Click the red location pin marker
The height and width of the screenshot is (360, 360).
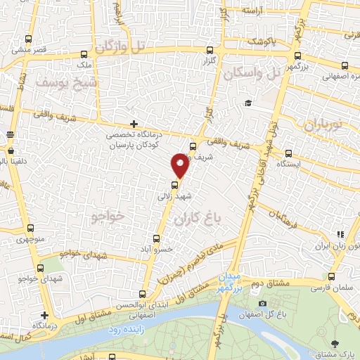pos(180,167)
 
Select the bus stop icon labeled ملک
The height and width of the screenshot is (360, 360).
pos(84,54)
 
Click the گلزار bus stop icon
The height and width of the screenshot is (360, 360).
pos(210,51)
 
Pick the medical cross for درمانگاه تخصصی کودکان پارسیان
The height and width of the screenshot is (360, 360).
pos(134,124)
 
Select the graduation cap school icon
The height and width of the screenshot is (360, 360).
pos(248,104)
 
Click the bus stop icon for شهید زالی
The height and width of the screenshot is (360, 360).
pos(175,185)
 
